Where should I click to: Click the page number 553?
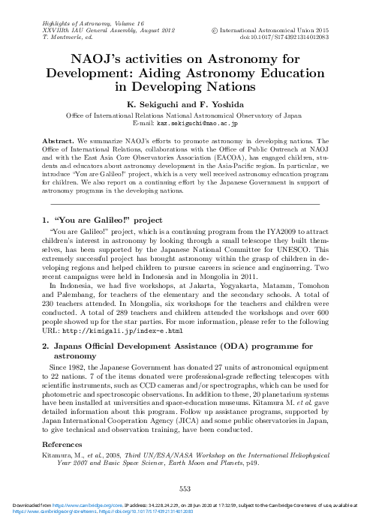(x=185, y=489)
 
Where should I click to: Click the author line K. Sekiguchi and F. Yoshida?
(x=185, y=103)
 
